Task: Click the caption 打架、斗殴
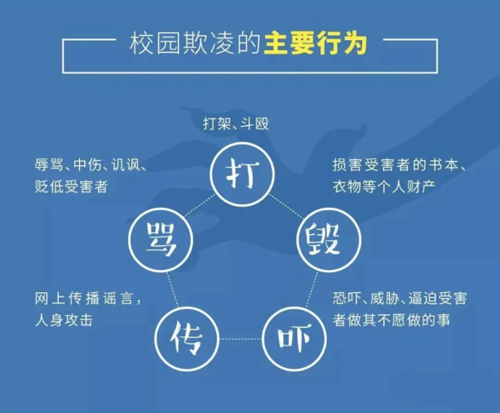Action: coord(236,123)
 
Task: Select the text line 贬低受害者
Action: coord(71,186)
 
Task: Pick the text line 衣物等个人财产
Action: coord(384,186)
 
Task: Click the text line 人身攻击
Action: coord(64,320)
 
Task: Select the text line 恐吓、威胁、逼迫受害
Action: coord(399,299)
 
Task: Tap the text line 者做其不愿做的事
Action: coord(392,320)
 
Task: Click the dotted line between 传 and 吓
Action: coord(241,339)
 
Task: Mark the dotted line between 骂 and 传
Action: coord(172,290)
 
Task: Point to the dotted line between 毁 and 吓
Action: coord(313,290)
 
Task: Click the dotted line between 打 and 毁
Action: coord(287,206)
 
